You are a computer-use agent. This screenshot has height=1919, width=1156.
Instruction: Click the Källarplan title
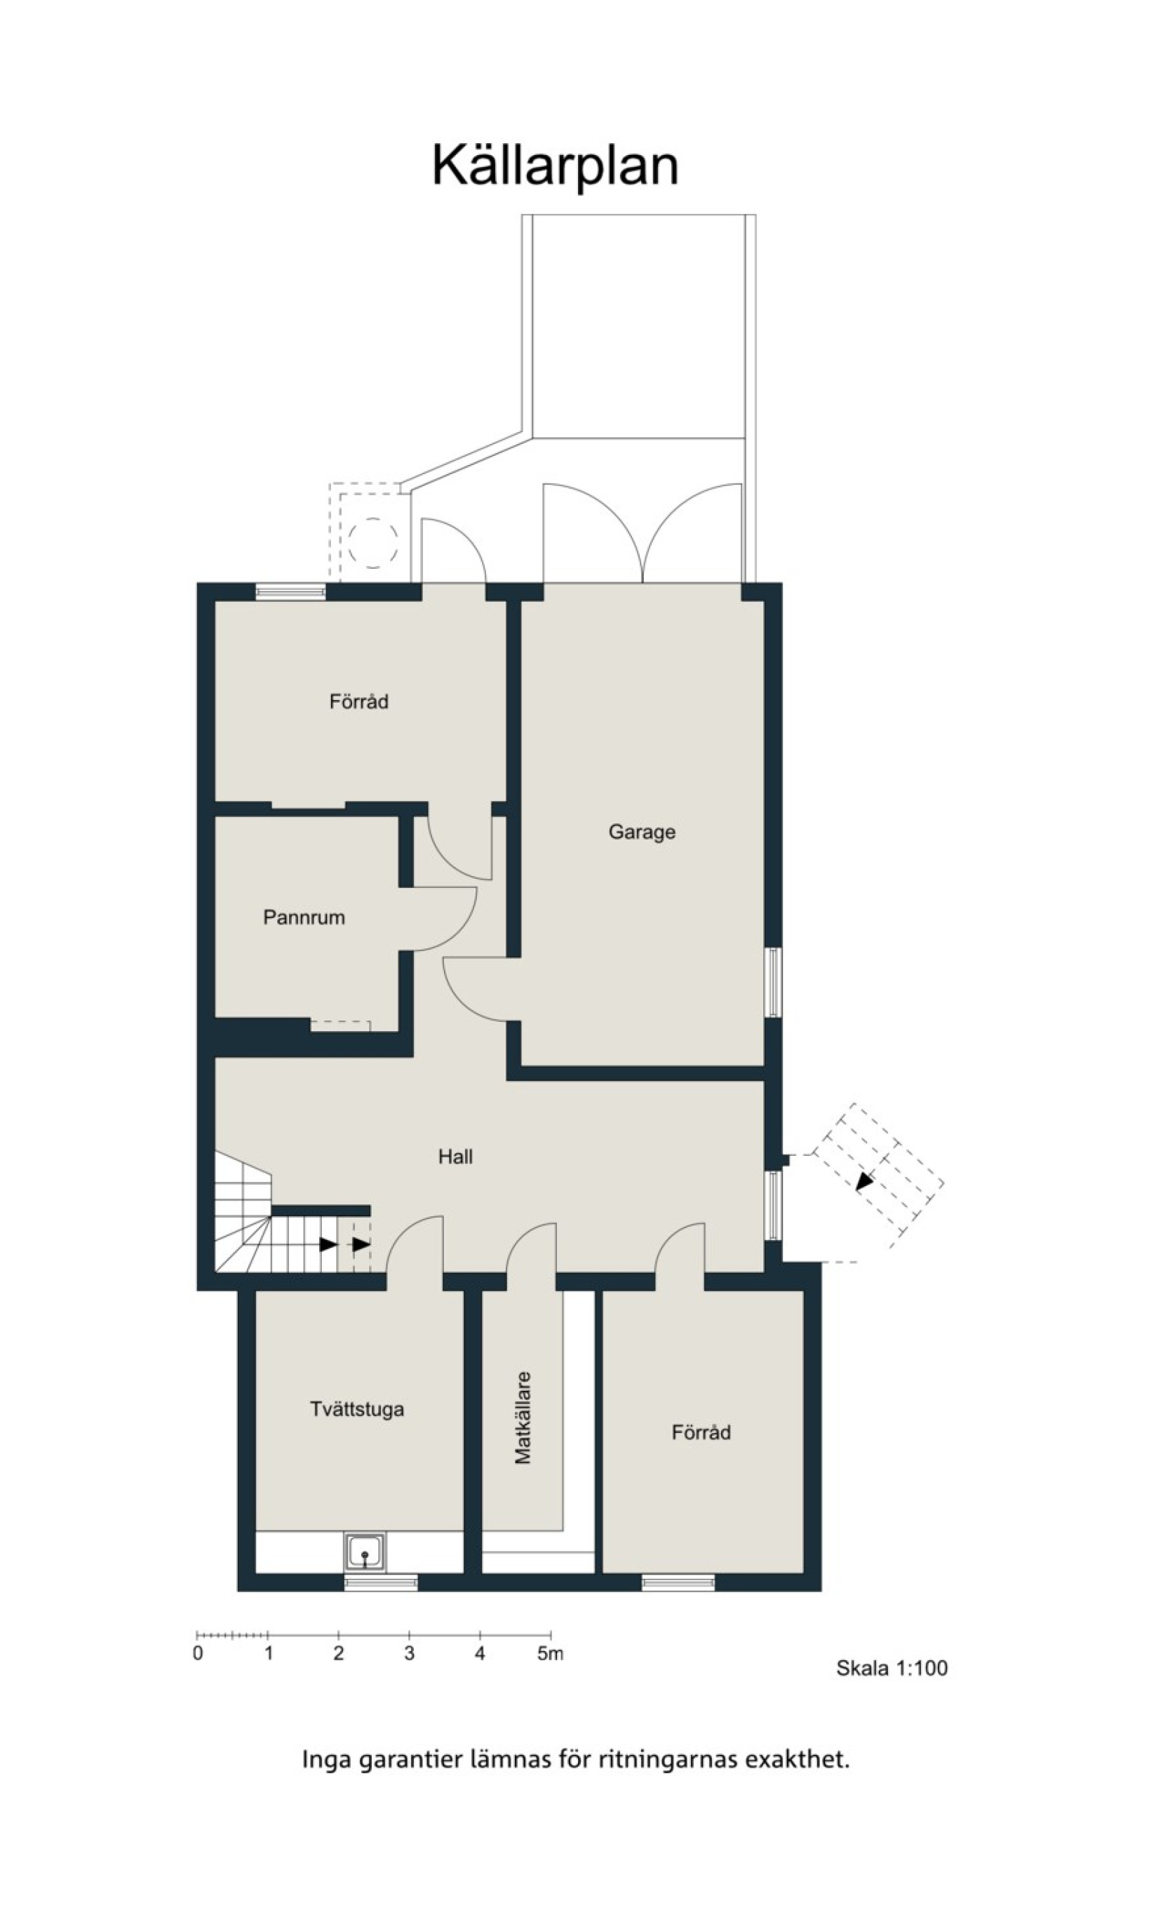tap(556, 167)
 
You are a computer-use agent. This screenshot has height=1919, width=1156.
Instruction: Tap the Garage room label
tap(642, 833)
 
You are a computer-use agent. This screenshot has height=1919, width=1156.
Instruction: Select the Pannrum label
tap(304, 917)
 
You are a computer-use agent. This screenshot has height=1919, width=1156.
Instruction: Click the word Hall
tap(456, 1157)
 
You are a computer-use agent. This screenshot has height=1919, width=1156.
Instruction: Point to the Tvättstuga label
tap(358, 1410)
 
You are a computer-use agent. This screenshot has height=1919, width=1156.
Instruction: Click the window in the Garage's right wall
tap(773, 982)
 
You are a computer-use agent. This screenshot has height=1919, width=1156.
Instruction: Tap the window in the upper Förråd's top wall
tap(290, 593)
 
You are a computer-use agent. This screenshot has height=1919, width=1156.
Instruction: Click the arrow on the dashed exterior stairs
tap(866, 1180)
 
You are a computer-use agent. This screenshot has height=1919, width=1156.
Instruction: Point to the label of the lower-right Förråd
tap(701, 1433)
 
